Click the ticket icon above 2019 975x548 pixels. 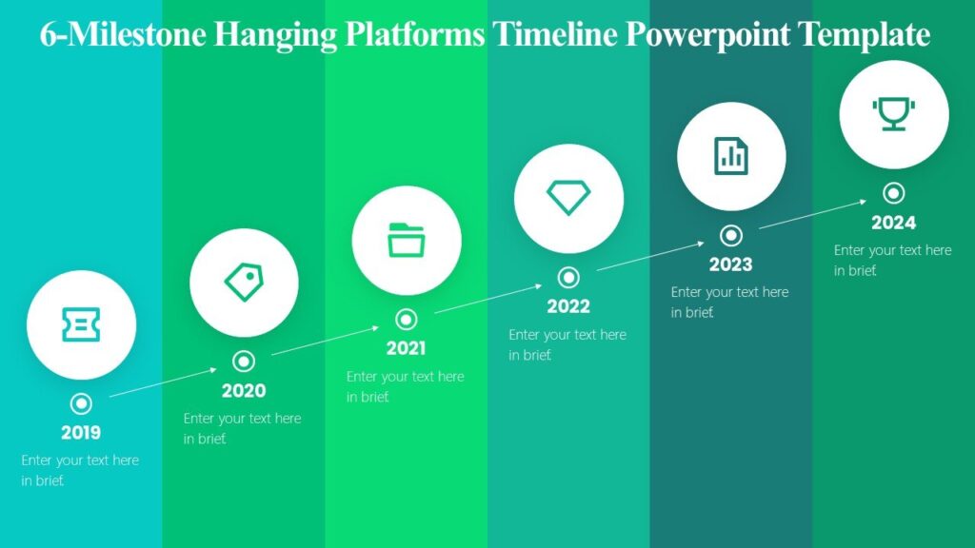[81, 325]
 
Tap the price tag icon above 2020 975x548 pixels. [244, 283]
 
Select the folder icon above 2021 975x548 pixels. [407, 240]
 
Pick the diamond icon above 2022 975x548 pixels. [568, 198]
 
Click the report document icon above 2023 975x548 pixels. [731, 155]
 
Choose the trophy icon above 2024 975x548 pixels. [893, 113]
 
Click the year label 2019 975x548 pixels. [81, 433]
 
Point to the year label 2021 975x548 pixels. [407, 348]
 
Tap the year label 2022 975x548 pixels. [568, 306]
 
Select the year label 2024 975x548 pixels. [893, 223]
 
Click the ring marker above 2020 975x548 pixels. [244, 362]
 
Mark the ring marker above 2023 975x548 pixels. [731, 235]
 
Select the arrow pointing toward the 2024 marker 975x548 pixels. [812, 214]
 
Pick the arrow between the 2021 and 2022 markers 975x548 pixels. [487, 298]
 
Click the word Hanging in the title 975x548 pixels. [276, 35]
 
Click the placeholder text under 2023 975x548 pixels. [729, 302]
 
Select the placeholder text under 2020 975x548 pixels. [242, 428]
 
